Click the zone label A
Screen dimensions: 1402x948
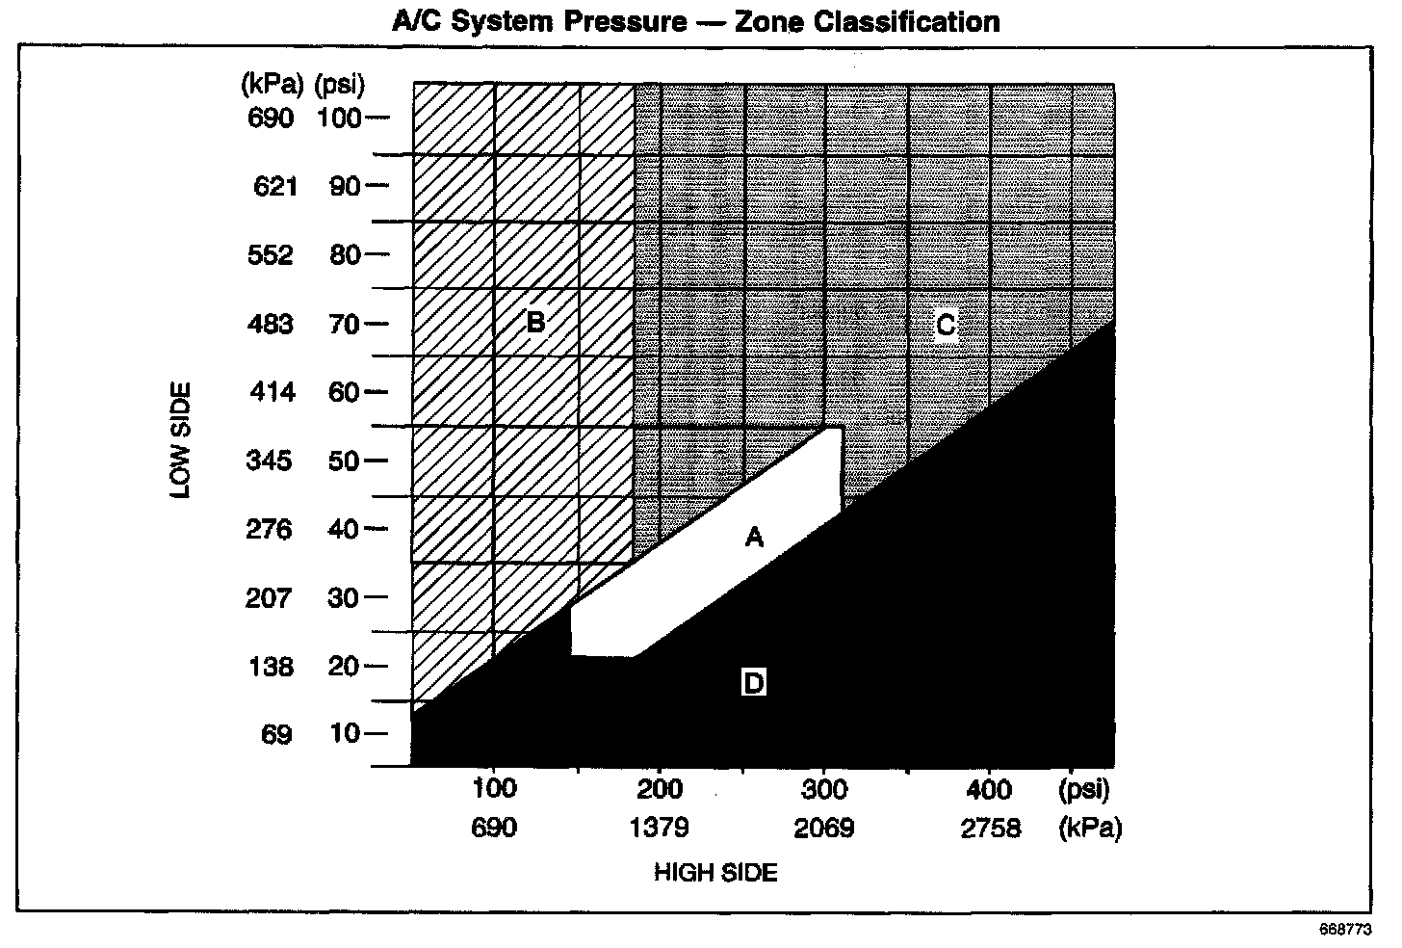pyautogui.click(x=754, y=538)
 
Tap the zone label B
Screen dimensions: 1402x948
pyautogui.click(x=535, y=323)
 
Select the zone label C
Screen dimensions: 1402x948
pyautogui.click(x=946, y=325)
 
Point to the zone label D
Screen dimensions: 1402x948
pyautogui.click(x=754, y=682)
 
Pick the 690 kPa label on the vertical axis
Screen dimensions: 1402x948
pyautogui.click(x=271, y=118)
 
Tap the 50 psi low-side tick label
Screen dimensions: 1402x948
pyautogui.click(x=344, y=461)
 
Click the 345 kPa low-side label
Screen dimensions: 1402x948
pyautogui.click(x=269, y=461)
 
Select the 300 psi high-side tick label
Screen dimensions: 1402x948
pyautogui.click(x=824, y=790)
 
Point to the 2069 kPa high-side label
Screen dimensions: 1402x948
pyautogui.click(x=823, y=829)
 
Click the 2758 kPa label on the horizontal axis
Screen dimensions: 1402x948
pyautogui.click(x=990, y=829)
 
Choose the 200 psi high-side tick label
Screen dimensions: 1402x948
pyautogui.click(x=659, y=790)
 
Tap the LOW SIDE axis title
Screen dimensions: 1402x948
pyautogui.click(x=180, y=440)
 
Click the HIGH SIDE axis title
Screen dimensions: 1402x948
pyautogui.click(x=715, y=873)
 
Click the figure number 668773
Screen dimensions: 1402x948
pyautogui.click(x=1346, y=930)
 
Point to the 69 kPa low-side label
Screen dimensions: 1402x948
pyautogui.click(x=276, y=734)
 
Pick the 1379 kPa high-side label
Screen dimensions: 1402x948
pyautogui.click(x=659, y=829)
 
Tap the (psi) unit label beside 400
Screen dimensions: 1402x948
pyautogui.click(x=1083, y=790)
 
